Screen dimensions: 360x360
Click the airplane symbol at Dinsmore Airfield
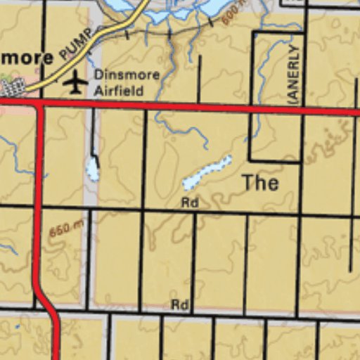(75, 83)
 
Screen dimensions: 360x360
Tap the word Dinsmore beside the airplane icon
(127, 75)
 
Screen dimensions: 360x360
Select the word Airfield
(119, 90)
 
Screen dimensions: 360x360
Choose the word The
(260, 183)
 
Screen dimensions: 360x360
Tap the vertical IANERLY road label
(294, 72)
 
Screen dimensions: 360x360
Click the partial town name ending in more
(26, 57)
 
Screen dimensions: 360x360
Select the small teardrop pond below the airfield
(92, 169)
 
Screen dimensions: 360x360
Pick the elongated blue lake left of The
(207, 173)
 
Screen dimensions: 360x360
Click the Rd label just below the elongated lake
(189, 202)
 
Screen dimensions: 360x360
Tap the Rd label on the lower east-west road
(180, 304)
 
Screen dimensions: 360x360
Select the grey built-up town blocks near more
(13, 87)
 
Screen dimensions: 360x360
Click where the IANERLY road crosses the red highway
(304, 110)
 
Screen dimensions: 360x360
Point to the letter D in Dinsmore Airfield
(98, 75)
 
